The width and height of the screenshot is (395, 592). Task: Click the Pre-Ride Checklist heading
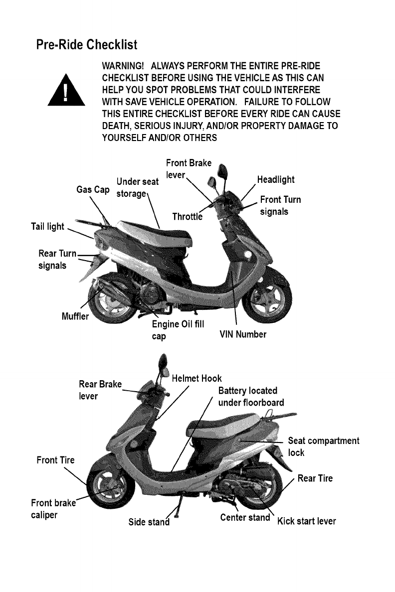(x=86, y=45)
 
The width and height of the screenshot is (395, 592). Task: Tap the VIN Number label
(x=243, y=334)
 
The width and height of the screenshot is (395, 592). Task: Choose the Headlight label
(x=275, y=180)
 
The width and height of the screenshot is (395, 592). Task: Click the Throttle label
(x=187, y=216)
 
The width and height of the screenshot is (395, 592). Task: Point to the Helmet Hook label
(x=197, y=378)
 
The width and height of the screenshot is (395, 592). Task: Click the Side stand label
(x=148, y=522)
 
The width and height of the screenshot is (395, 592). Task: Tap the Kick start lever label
(x=306, y=522)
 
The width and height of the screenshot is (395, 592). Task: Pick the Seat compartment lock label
(x=323, y=446)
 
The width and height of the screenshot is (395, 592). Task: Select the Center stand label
(x=245, y=517)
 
